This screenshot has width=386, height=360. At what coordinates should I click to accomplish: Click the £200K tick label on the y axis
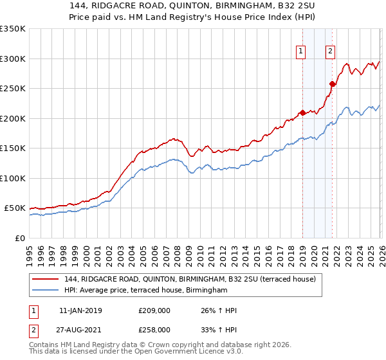[13, 118]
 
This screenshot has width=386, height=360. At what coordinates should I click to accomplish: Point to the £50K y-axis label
[15, 208]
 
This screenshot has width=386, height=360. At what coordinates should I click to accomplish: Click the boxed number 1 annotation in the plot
[301, 52]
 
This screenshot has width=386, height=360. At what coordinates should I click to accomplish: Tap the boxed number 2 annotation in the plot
[330, 52]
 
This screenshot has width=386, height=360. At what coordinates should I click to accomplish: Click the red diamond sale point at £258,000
[333, 84]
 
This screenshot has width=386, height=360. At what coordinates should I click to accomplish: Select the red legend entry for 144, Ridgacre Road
[190, 279]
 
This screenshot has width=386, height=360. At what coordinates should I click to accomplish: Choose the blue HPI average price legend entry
[146, 291]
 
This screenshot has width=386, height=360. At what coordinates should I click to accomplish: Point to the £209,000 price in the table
[154, 310]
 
